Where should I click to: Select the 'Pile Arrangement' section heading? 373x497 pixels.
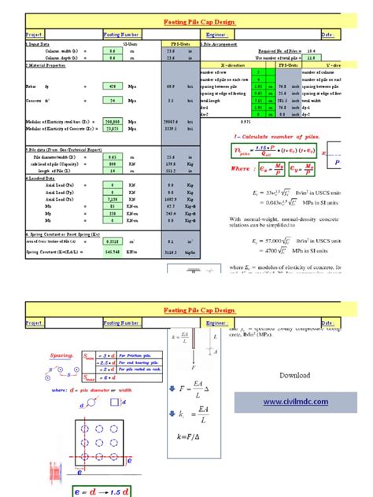tap(228, 45)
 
